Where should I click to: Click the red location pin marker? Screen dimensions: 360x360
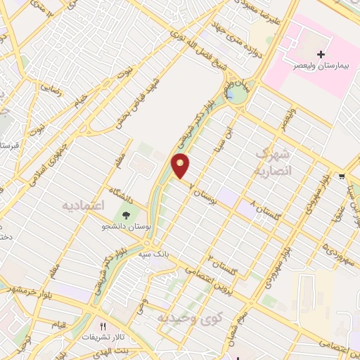[181, 165]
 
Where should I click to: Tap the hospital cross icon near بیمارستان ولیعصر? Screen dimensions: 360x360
[321, 54]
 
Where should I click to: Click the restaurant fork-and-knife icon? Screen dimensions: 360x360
[103, 326]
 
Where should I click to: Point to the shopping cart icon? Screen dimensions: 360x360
[342, 176]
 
